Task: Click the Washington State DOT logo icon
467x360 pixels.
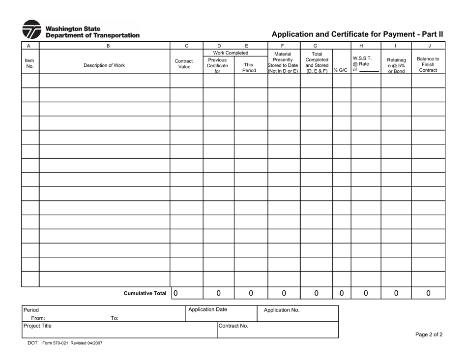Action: (32, 29)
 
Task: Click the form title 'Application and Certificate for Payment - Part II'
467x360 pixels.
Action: (357, 34)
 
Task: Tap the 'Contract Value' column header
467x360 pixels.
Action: (184, 64)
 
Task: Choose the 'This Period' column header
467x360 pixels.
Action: (249, 67)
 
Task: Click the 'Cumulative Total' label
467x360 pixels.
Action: (145, 294)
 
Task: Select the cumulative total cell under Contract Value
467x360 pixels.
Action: (186, 293)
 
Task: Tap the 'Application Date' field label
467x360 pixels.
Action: (208, 309)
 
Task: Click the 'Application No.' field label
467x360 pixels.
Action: (282, 310)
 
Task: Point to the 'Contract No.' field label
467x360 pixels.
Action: (233, 326)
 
